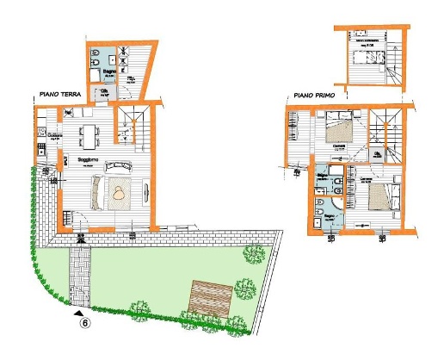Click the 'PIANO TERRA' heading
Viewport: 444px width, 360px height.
[x=58, y=96]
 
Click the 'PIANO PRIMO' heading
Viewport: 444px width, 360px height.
[x=313, y=96]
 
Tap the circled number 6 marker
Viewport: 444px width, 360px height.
[x=86, y=324]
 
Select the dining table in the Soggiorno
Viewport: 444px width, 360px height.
[x=89, y=134]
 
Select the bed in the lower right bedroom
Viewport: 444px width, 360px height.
[x=379, y=196]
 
